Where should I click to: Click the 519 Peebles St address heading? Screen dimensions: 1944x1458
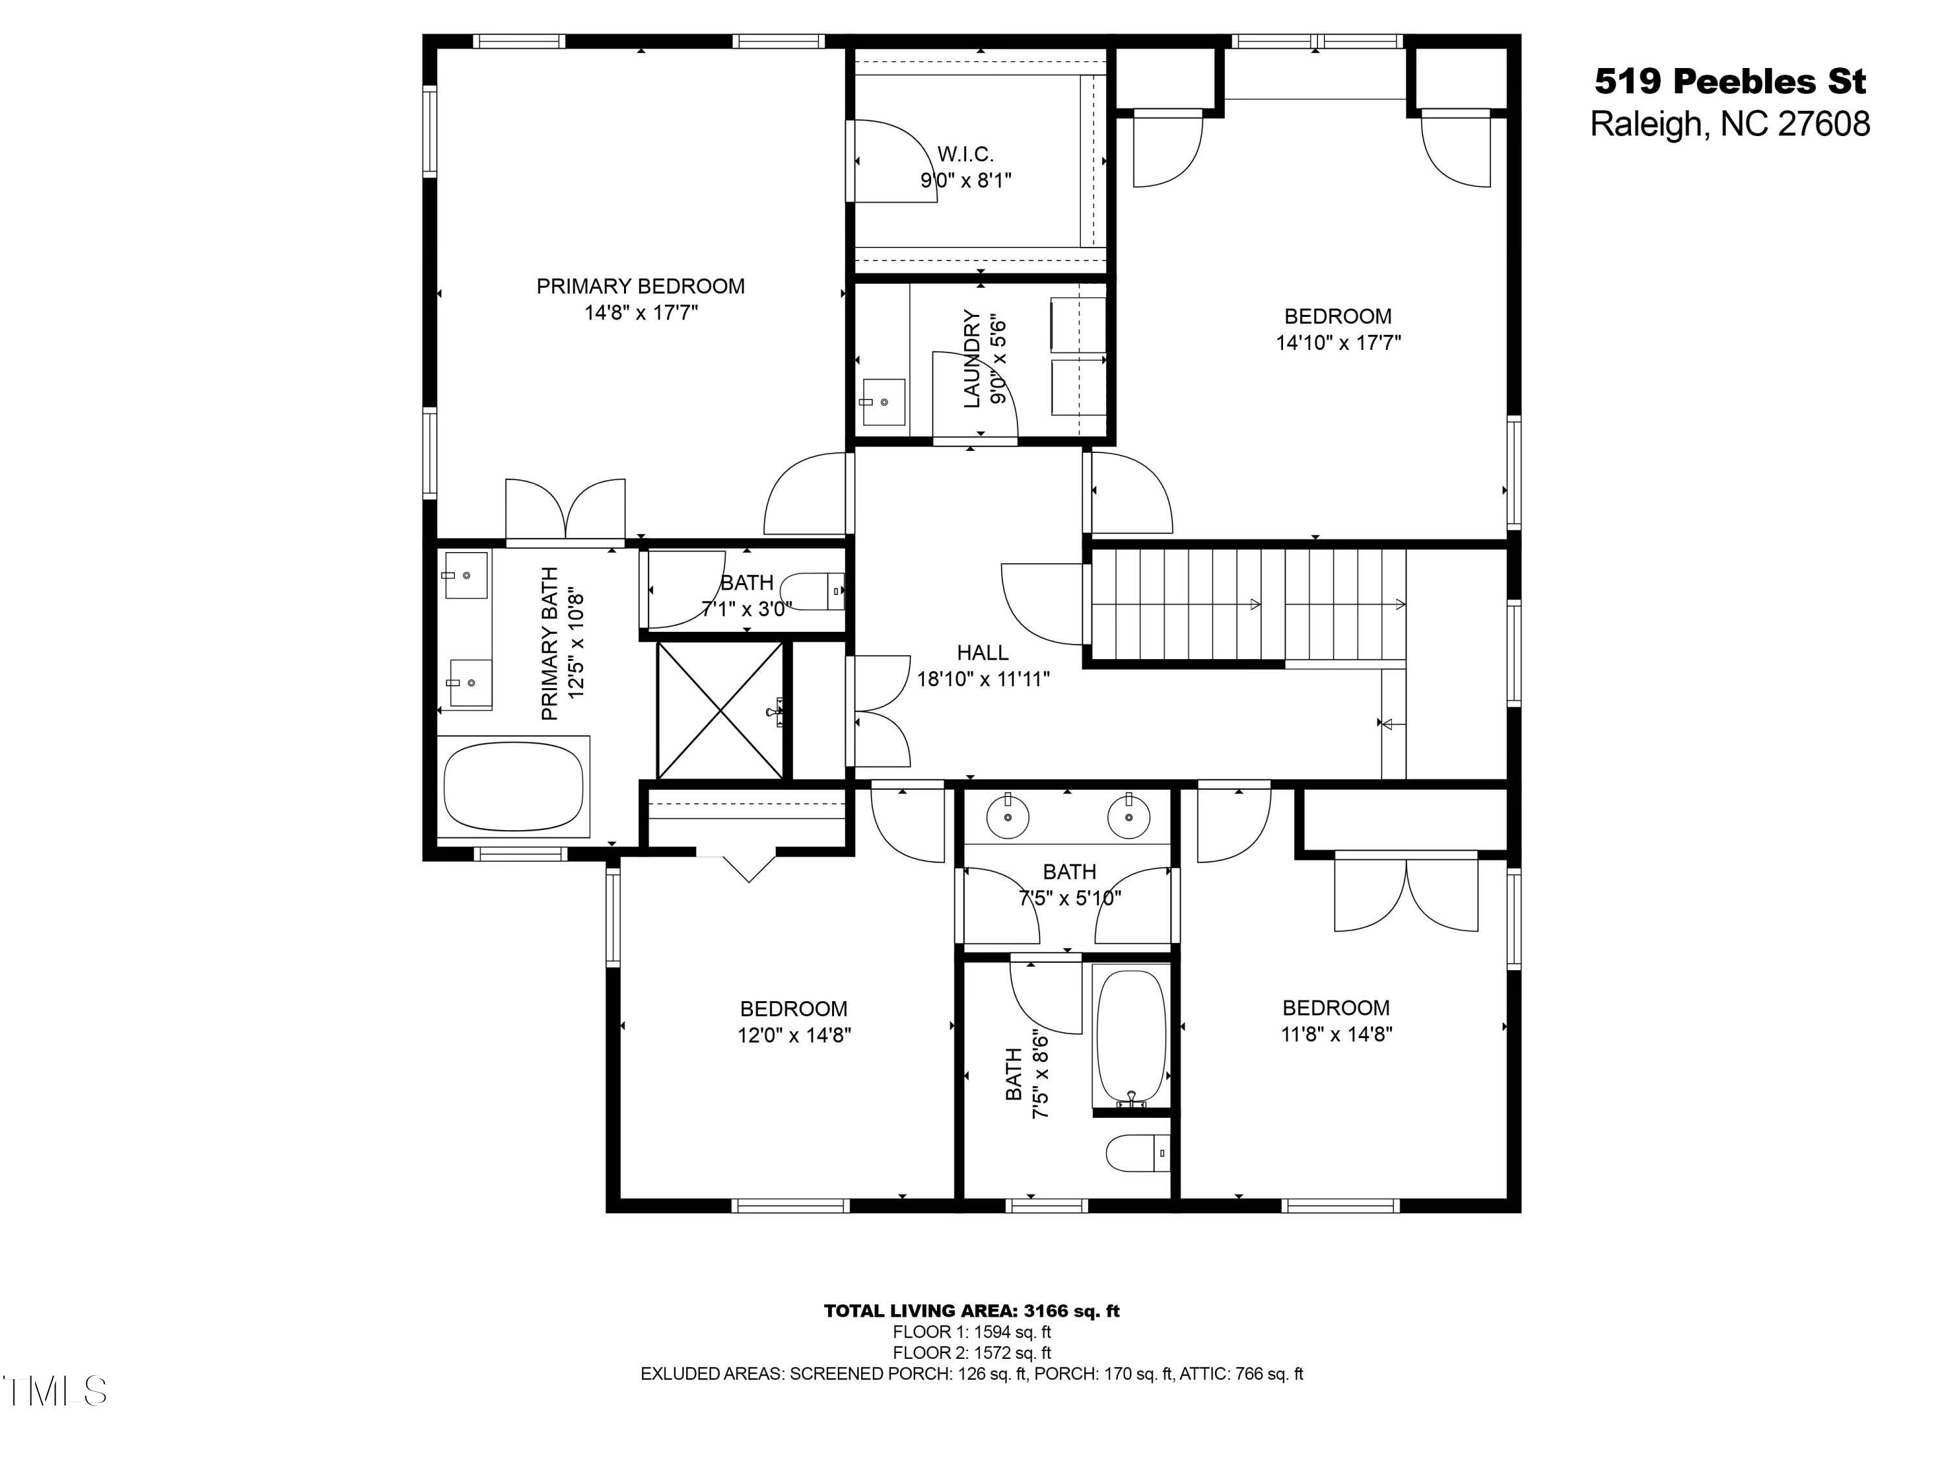click(1730, 82)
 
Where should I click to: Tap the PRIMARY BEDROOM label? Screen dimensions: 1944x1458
click(641, 286)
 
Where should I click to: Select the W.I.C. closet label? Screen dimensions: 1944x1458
click(965, 155)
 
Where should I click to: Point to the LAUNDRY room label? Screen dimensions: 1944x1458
click(971, 358)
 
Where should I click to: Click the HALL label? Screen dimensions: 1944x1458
click(982, 653)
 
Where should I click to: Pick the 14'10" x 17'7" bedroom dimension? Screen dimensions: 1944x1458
click(1337, 343)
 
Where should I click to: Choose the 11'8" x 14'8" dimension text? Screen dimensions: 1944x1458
click(1336, 1034)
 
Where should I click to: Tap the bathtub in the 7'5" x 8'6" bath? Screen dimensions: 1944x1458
click(1131, 1038)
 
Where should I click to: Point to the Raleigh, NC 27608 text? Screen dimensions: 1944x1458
click(1730, 124)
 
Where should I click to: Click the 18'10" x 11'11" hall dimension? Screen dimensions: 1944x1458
click(982, 679)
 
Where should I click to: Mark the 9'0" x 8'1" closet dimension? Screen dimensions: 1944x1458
click(965, 181)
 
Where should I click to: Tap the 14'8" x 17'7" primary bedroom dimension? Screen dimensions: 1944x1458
click(641, 313)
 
